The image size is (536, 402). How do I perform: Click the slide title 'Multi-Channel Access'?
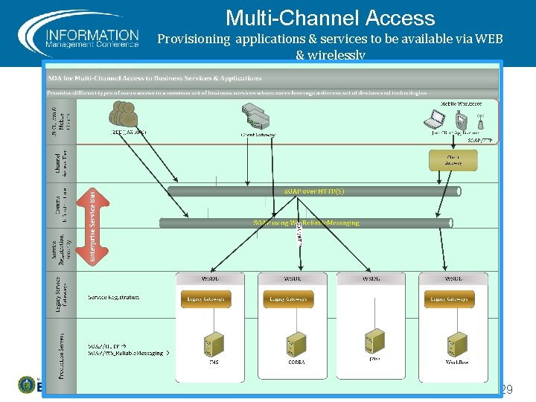(330, 18)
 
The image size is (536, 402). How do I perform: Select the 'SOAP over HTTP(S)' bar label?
(313, 191)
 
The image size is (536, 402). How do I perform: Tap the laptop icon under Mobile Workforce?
(435, 118)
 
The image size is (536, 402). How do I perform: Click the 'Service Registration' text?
(113, 297)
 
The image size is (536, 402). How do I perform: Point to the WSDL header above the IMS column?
(208, 278)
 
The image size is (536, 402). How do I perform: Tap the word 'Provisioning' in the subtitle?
(195, 39)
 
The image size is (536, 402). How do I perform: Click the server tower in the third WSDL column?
(374, 342)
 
